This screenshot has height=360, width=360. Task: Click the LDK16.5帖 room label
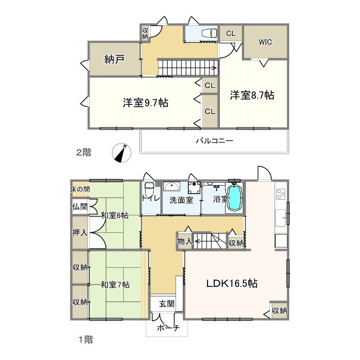point(232,283)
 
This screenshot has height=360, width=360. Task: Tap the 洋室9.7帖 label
point(146,102)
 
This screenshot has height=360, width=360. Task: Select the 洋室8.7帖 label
point(252,95)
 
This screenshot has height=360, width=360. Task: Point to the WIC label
point(265,42)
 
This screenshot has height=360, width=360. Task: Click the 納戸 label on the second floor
point(114,59)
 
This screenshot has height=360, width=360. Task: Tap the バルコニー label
point(214,141)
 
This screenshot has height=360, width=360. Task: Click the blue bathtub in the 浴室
point(235,197)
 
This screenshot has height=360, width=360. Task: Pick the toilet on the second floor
point(209,33)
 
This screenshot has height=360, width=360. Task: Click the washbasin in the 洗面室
point(172,186)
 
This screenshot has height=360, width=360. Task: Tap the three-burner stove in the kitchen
point(281,194)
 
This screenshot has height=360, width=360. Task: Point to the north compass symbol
point(121,152)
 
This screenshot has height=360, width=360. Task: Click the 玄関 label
point(166,304)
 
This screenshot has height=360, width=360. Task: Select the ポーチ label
point(168,328)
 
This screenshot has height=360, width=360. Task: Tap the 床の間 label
point(80,190)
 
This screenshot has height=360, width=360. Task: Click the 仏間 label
point(80,207)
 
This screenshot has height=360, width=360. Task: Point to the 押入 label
point(80,233)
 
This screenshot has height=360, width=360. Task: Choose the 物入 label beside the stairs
point(184,241)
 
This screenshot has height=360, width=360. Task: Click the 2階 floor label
point(84,152)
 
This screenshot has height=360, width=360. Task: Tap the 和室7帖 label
point(115,285)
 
